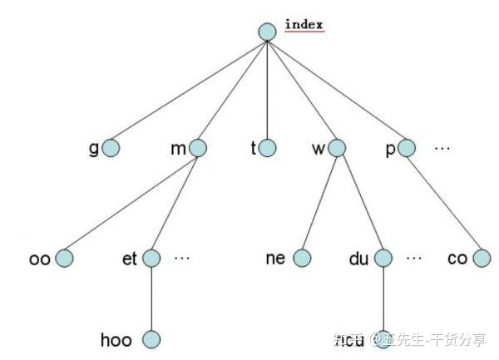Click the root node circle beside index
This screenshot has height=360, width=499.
(x=267, y=32)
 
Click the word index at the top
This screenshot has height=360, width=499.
(x=304, y=24)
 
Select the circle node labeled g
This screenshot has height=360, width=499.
(x=110, y=149)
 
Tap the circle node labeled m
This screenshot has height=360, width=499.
(x=198, y=149)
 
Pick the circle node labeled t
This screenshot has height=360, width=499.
(x=267, y=149)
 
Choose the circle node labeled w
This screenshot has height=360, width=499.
(x=336, y=149)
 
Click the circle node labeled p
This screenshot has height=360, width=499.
(x=406, y=149)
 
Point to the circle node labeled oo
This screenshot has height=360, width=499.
(x=65, y=259)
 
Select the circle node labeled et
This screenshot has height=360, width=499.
(x=151, y=259)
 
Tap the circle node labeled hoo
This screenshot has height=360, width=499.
(x=151, y=339)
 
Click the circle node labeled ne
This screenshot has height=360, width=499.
(x=302, y=259)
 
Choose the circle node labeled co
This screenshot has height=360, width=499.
(x=482, y=259)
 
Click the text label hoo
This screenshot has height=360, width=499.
(x=116, y=339)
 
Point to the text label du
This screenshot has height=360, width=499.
(x=358, y=259)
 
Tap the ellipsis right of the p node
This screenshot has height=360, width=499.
(x=442, y=149)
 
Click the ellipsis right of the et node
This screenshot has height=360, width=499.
(x=182, y=259)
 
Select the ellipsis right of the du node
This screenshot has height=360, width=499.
(x=414, y=259)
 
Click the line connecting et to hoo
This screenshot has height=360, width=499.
(x=151, y=299)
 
